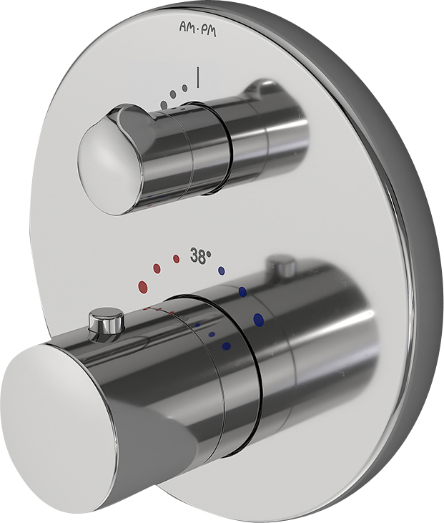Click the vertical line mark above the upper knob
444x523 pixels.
(x=199, y=79)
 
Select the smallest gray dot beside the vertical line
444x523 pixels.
(x=184, y=88)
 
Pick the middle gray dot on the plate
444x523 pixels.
(x=173, y=94)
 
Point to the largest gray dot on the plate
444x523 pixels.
(x=163, y=104)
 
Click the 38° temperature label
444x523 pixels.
(x=202, y=256)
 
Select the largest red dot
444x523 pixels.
(x=143, y=286)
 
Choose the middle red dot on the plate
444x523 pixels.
(x=157, y=268)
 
